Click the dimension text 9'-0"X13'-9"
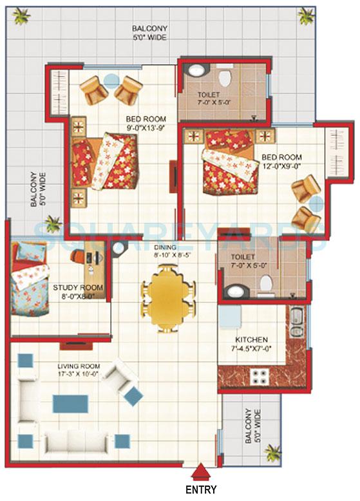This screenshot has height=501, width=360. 147,128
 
